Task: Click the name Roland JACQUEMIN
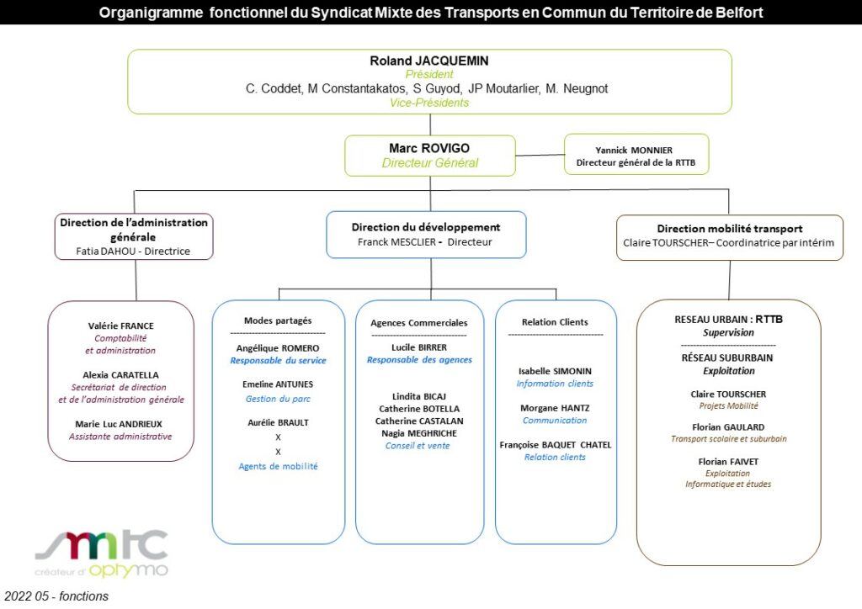pyautogui.click(x=428, y=61)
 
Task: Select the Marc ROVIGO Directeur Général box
pyautogui.click(x=430, y=156)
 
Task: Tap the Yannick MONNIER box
pyautogui.click(x=636, y=154)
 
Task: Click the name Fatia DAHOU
pyautogui.click(x=105, y=251)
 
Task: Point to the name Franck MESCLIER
pyautogui.click(x=396, y=241)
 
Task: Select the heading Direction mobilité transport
pyautogui.click(x=730, y=229)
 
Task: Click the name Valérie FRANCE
pyautogui.click(x=121, y=326)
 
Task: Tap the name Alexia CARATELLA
pyautogui.click(x=121, y=375)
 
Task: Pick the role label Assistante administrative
pyautogui.click(x=120, y=437)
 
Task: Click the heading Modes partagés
pyautogui.click(x=278, y=320)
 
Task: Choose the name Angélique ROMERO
pyautogui.click(x=278, y=348)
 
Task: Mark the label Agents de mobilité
pyautogui.click(x=278, y=466)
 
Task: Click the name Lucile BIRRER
pyautogui.click(x=419, y=347)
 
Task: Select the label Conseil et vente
pyautogui.click(x=418, y=446)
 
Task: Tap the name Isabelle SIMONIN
pyautogui.click(x=555, y=371)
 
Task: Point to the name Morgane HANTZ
pyautogui.click(x=555, y=408)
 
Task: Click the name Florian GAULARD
pyautogui.click(x=728, y=427)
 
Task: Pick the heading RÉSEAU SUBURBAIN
pyautogui.click(x=727, y=357)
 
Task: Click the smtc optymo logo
pyautogui.click(x=102, y=553)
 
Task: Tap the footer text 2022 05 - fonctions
pyautogui.click(x=56, y=596)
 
